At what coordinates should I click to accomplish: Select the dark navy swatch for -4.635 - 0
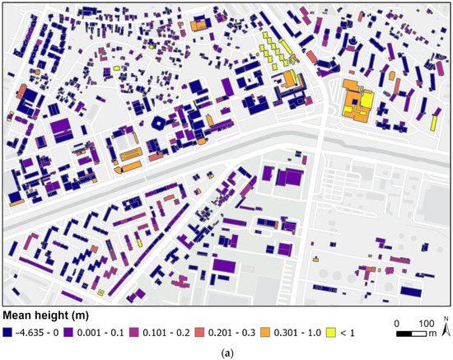(8, 333)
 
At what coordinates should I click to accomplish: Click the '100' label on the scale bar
(426, 322)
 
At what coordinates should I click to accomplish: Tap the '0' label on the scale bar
(397, 322)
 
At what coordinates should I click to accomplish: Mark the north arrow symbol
(445, 329)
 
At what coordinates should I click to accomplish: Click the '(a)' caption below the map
(226, 352)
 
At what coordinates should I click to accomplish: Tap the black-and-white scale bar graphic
(411, 334)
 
